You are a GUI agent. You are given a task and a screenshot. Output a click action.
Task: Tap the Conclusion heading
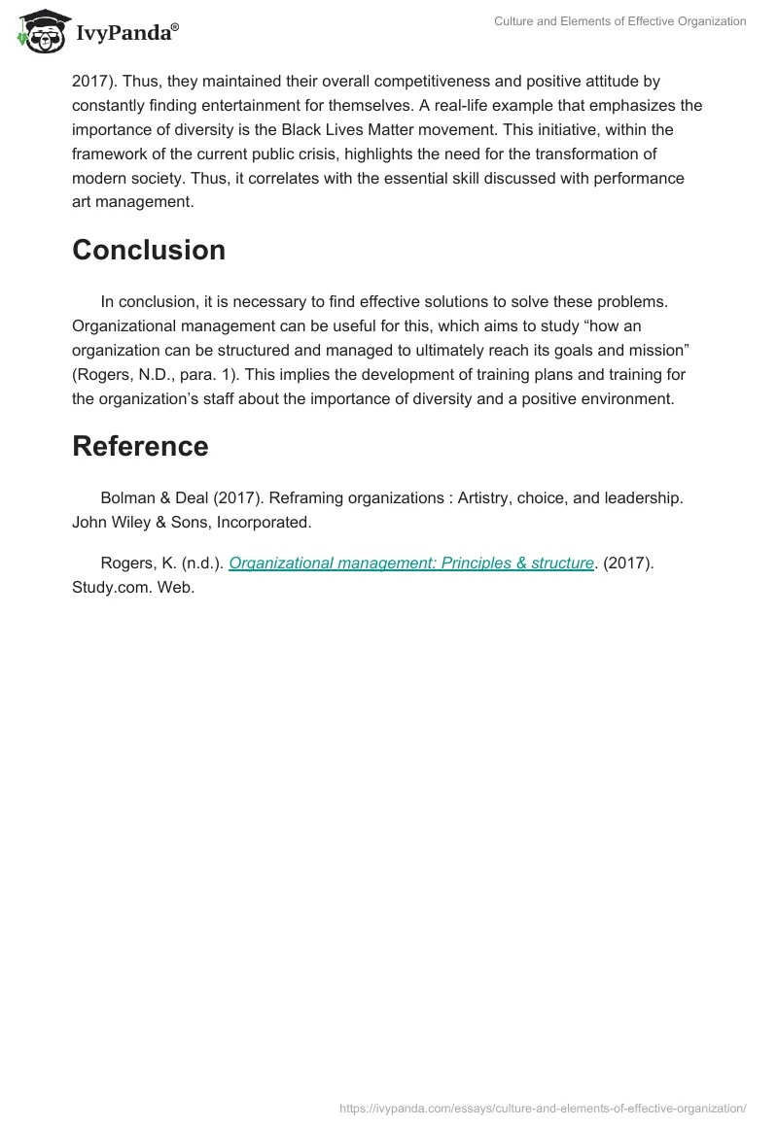pos(149,250)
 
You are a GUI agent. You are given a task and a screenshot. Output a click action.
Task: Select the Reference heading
pos(140,446)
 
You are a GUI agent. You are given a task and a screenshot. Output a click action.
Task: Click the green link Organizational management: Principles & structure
pos(411,563)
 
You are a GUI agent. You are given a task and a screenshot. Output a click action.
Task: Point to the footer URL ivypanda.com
pos(543,1108)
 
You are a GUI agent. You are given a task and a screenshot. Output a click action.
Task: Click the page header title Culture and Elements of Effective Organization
pos(619,21)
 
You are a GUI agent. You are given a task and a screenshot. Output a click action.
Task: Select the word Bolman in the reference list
pos(128,498)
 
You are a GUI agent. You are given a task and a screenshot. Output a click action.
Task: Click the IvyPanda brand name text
pos(124,33)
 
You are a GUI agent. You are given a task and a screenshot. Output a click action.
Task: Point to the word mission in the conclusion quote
pos(658,350)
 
